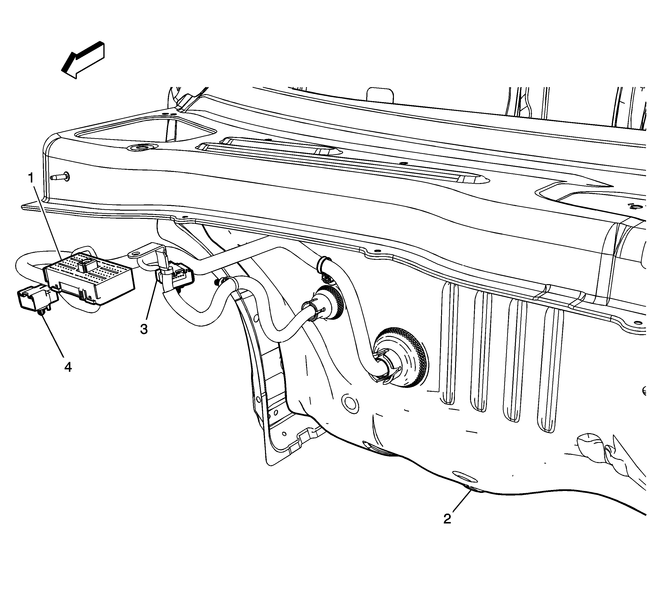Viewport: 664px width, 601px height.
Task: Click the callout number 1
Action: pos(31,178)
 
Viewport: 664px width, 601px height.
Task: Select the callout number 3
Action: pos(144,329)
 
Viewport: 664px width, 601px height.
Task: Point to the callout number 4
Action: pos(68,367)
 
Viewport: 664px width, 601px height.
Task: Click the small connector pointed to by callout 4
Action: pos(37,298)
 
